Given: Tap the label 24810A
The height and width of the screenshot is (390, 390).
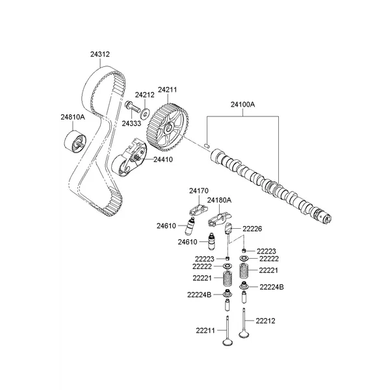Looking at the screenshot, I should pyautogui.click(x=73, y=117).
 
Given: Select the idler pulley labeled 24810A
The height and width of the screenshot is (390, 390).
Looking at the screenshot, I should pyautogui.click(x=73, y=140).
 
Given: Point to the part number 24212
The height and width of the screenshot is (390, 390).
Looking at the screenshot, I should pyautogui.click(x=145, y=95).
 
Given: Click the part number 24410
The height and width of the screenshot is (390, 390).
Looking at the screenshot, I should pyautogui.click(x=164, y=159).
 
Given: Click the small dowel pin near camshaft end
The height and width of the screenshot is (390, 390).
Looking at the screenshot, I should pyautogui.click(x=206, y=146).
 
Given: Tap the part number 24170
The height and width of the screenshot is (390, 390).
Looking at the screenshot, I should pyautogui.click(x=198, y=191).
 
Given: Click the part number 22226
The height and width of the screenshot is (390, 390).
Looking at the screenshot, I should pyautogui.click(x=252, y=228).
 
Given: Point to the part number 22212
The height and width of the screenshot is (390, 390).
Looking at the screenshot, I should pyautogui.click(x=266, y=320).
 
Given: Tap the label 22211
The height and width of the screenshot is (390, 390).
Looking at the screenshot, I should pyautogui.click(x=204, y=331).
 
